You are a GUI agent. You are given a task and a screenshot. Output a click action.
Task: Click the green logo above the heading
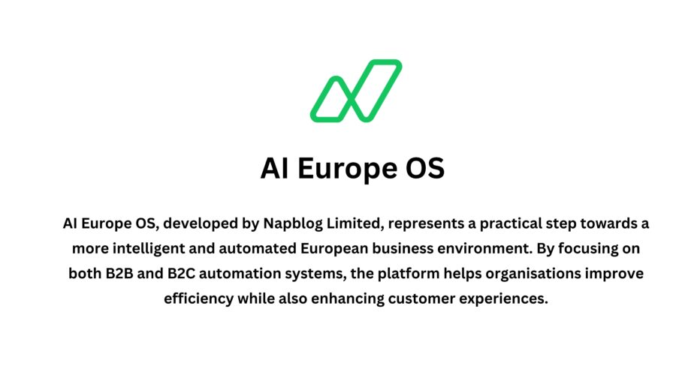tap(356, 91)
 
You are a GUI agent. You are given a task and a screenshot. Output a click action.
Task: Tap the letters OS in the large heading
tap(424, 169)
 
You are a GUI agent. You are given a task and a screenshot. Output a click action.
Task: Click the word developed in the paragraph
tap(198, 223)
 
